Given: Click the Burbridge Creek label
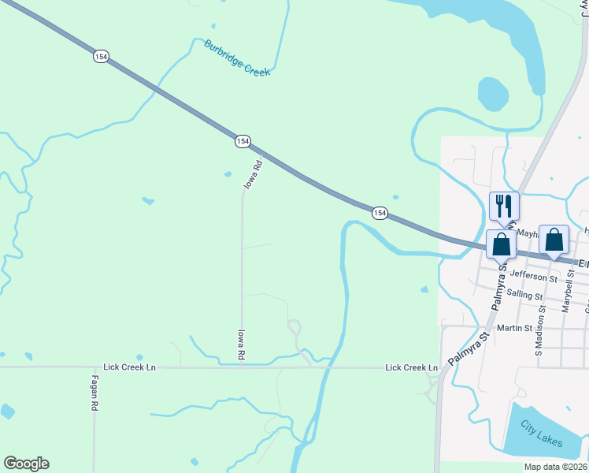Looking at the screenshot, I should click(237, 58).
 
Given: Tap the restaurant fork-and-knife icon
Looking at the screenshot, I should click(504, 207).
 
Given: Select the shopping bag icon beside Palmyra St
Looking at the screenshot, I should click(501, 244).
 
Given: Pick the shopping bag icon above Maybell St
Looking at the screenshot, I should click(554, 240).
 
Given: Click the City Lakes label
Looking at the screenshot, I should click(543, 434).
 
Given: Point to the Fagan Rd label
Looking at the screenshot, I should click(93, 392).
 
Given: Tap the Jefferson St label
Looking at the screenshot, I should click(533, 275).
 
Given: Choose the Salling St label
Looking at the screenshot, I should click(524, 294).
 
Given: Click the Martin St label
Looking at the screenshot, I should click(515, 327).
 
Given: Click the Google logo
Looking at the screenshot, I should click(26, 464).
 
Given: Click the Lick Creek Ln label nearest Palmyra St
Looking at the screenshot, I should click(411, 367).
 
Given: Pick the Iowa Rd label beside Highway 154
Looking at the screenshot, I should click(253, 174).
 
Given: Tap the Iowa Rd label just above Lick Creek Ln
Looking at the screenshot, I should click(241, 345).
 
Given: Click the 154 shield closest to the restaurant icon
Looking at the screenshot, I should click(380, 213).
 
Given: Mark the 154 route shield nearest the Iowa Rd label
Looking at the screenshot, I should click(242, 140).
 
